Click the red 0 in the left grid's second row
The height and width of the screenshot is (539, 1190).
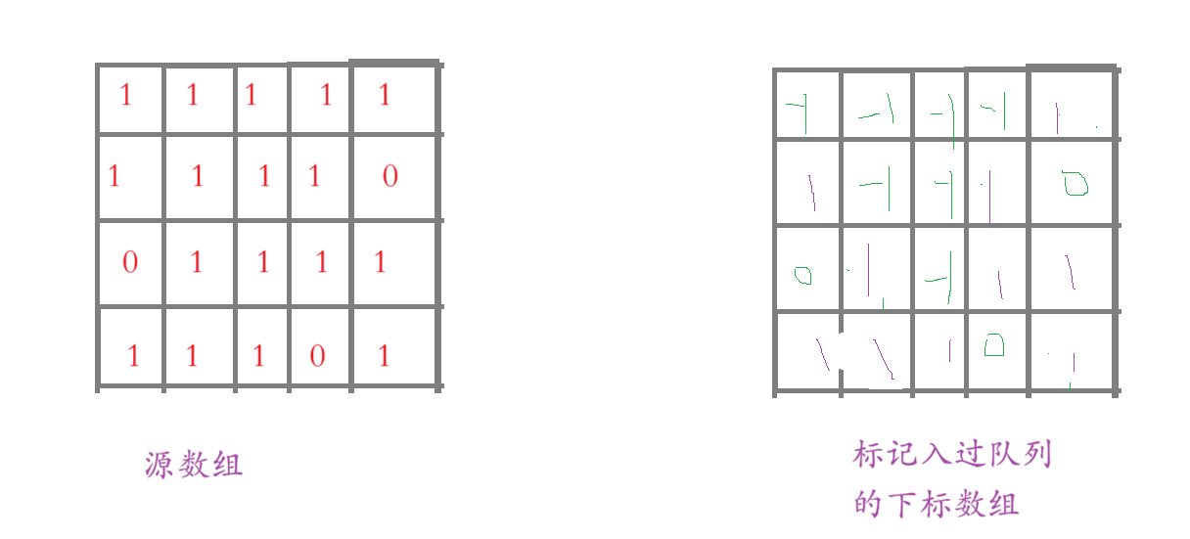pyautogui.click(x=390, y=176)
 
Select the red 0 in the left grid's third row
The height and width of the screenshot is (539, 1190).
pyautogui.click(x=130, y=262)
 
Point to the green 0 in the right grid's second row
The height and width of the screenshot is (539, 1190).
pyautogui.click(x=1076, y=183)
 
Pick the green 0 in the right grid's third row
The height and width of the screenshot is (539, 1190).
pyautogui.click(x=803, y=276)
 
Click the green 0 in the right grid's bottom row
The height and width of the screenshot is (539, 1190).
pyautogui.click(x=993, y=345)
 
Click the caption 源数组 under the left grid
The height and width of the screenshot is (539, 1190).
pyautogui.click(x=194, y=465)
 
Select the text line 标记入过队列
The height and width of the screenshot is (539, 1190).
pyautogui.click(x=952, y=455)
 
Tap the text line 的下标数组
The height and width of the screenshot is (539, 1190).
pyautogui.click(x=937, y=505)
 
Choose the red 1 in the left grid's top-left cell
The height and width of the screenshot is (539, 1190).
pyautogui.click(x=125, y=95)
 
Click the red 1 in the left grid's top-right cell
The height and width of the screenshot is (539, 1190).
pyautogui.click(x=385, y=94)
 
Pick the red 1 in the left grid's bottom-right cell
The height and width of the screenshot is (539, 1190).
pyautogui.click(x=384, y=355)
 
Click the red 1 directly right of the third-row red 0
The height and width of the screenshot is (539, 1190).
pyautogui.click(x=197, y=262)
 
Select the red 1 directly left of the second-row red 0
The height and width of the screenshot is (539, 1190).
pyautogui.click(x=314, y=176)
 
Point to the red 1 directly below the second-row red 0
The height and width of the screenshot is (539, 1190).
pyautogui.click(x=381, y=262)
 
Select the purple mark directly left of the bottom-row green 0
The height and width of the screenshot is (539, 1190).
pyautogui.click(x=948, y=348)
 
